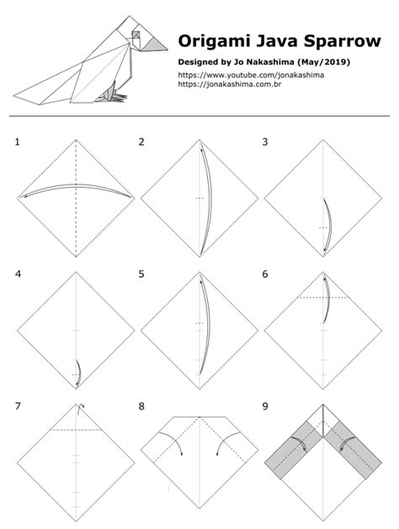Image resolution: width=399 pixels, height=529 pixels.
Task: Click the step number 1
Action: (x=18, y=142)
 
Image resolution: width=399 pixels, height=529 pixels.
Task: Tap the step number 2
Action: (x=142, y=142)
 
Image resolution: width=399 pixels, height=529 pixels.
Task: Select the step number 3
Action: (x=265, y=142)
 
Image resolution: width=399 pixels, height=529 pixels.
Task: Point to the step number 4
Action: (x=18, y=274)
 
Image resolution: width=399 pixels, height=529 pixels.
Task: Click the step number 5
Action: (x=142, y=274)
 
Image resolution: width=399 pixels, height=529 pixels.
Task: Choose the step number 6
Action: (x=265, y=274)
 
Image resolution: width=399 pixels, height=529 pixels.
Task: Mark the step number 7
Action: (x=18, y=406)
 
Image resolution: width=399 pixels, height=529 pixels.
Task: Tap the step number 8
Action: (x=142, y=406)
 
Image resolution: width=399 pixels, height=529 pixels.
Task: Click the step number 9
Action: (x=265, y=406)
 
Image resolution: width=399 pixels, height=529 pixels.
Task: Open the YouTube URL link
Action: (x=252, y=75)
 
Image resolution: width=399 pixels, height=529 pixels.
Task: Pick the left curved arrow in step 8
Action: (x=172, y=443)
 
